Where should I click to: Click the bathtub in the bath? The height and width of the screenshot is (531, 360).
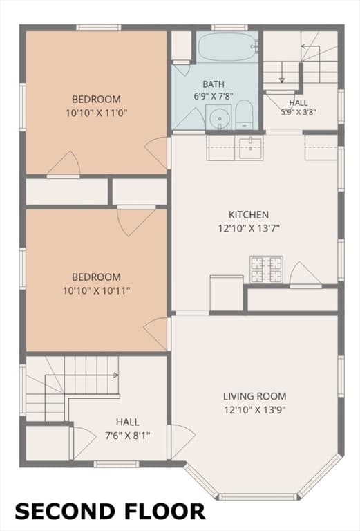point(227,46)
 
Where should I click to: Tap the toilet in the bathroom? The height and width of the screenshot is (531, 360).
point(245,115)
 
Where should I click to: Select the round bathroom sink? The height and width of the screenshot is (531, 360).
point(218,117)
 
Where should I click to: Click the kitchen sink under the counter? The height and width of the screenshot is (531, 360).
point(250,148)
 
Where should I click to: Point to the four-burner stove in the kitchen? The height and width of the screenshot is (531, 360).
point(266,269)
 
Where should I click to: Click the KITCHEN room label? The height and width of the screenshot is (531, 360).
point(249,215)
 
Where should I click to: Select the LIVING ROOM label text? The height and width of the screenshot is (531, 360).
point(255,396)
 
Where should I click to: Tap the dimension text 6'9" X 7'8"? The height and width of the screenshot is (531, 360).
point(214,96)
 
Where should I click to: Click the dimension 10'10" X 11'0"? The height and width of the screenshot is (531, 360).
point(97,113)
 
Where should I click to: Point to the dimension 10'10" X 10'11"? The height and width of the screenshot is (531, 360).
point(97,290)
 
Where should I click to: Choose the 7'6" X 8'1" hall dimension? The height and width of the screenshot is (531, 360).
point(128,436)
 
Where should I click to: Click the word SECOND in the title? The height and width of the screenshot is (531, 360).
point(64,512)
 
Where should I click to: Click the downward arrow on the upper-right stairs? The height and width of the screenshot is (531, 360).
point(281,73)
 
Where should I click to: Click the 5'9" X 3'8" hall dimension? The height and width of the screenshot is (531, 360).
point(299,112)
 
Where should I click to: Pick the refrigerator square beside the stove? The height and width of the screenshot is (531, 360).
point(227,293)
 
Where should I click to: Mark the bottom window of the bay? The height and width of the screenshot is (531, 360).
point(257,497)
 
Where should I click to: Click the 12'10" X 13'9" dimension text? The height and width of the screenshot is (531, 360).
point(255,410)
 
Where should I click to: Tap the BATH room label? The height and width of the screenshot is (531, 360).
point(214,84)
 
